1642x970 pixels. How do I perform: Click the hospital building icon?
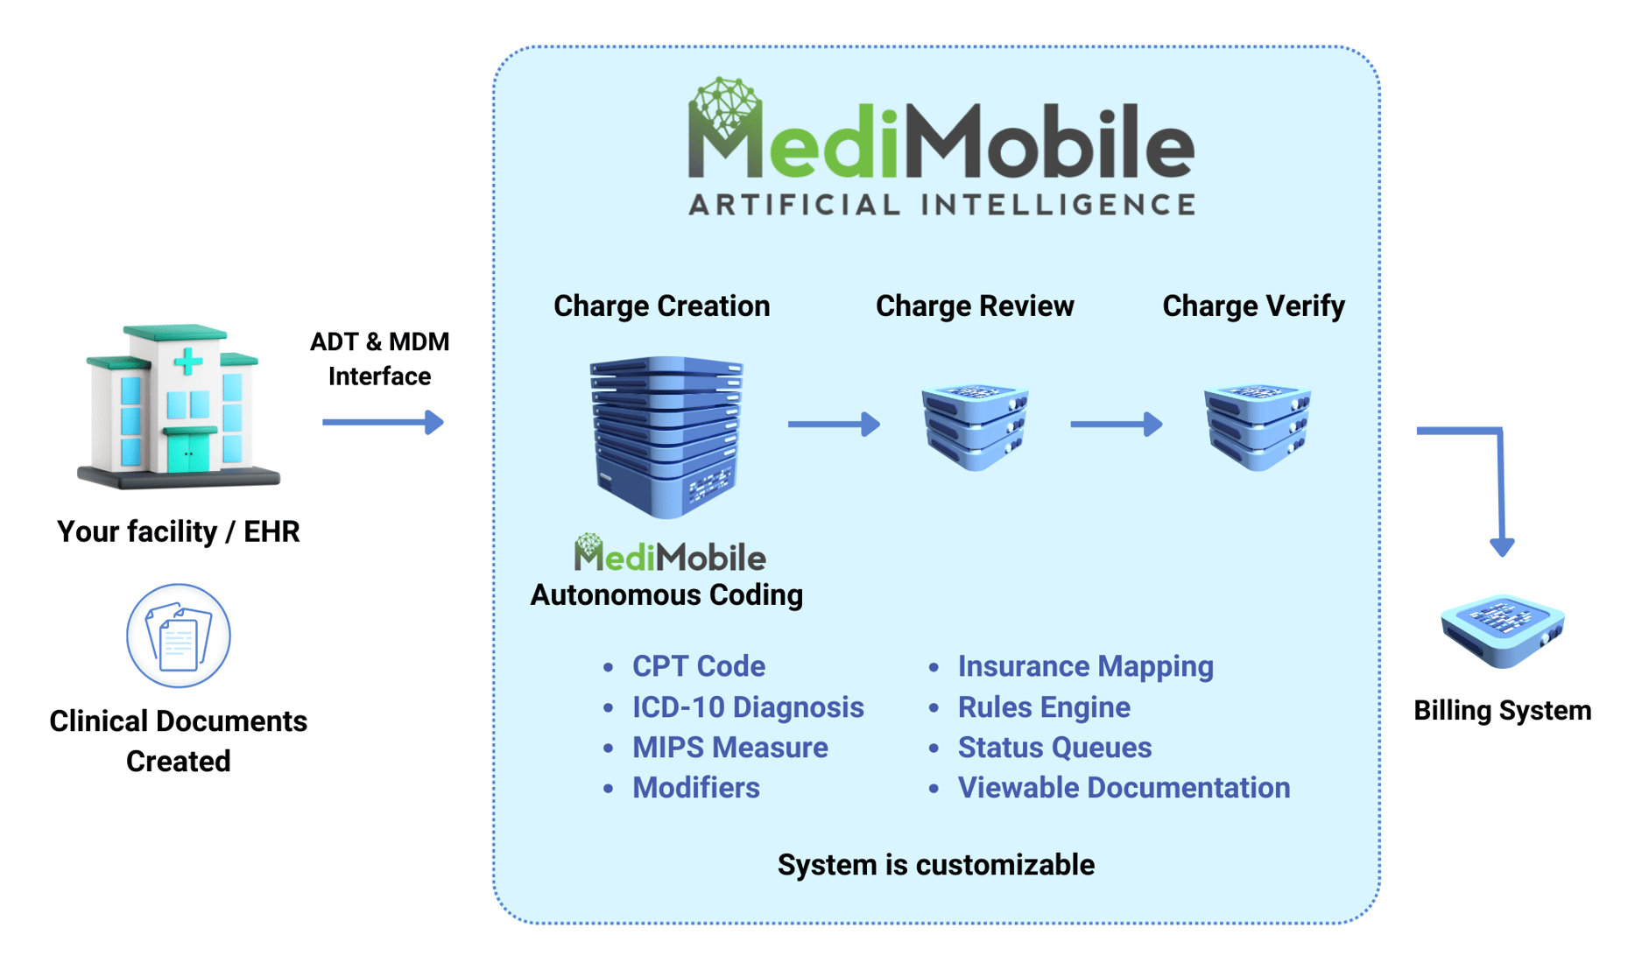[x=179, y=406]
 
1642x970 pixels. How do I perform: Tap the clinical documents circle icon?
[x=179, y=636]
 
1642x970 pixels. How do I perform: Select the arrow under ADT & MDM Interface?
[x=383, y=423]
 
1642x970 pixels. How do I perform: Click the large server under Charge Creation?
[x=666, y=435]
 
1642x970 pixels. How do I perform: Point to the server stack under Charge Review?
[x=975, y=427]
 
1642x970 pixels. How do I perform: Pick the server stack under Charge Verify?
[x=1257, y=427]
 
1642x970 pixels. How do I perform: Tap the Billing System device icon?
[x=1503, y=630]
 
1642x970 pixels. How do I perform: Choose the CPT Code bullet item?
[x=698, y=666]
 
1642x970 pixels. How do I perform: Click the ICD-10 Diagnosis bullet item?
[x=747, y=707]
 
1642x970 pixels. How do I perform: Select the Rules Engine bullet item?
[x=1043, y=707]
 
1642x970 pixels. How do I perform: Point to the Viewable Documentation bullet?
[x=1124, y=788]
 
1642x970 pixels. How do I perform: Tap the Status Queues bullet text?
[x=1054, y=748]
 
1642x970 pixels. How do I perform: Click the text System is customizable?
[x=935, y=865]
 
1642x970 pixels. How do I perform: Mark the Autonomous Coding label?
[x=666, y=595]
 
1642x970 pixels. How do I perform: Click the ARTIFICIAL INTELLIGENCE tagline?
[x=941, y=205]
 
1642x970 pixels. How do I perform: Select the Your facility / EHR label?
[x=179, y=531]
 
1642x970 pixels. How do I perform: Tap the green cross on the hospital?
[x=187, y=361]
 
